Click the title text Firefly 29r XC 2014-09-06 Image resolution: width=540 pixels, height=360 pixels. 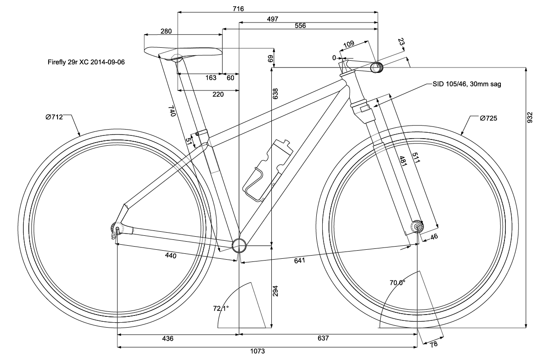(86, 63)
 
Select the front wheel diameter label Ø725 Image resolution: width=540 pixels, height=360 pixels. (489, 118)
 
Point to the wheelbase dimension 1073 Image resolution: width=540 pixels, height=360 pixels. (265, 352)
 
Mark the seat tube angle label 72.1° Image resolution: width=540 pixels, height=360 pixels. (221, 309)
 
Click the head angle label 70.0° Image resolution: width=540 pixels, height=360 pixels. (397, 283)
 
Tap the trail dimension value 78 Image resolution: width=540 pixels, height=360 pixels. (433, 344)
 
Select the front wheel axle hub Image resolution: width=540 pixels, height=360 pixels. (418, 227)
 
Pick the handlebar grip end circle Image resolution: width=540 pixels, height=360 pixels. (377, 67)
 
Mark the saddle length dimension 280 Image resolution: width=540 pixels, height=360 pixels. (166, 31)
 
